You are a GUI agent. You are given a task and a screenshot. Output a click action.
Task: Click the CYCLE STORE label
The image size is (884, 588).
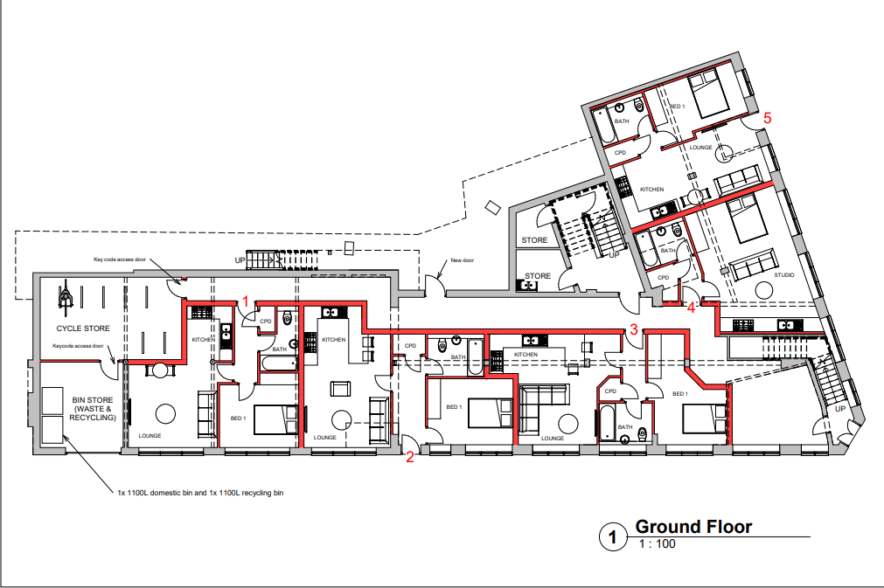click(x=83, y=329)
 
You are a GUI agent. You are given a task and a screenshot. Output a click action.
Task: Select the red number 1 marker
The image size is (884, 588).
click(x=246, y=301)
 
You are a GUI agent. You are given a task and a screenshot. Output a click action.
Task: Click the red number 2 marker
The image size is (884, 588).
click(x=409, y=455)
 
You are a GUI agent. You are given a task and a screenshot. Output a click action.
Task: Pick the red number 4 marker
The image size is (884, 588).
click(x=691, y=307)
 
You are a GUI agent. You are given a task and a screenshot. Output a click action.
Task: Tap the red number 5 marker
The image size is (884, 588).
click(x=768, y=116)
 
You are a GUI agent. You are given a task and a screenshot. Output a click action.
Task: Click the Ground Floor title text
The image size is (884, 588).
click(x=693, y=527)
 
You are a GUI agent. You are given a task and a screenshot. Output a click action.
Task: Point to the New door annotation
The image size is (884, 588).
click(x=461, y=259)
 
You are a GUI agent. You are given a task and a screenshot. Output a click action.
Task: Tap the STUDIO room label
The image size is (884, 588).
click(x=784, y=275)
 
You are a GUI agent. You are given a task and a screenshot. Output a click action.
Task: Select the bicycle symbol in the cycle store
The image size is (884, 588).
click(x=64, y=296)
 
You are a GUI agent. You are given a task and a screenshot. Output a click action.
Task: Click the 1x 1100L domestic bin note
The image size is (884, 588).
click(x=200, y=493)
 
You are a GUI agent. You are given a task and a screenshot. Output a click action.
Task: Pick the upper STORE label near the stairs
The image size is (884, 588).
click(x=534, y=240)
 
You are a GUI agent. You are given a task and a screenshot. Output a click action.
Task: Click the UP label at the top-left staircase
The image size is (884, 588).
click(x=240, y=259)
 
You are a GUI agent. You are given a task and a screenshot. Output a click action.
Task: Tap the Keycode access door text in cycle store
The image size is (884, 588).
click(x=78, y=346)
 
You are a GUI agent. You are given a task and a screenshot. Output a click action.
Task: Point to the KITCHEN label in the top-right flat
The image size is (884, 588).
click(x=652, y=190)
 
